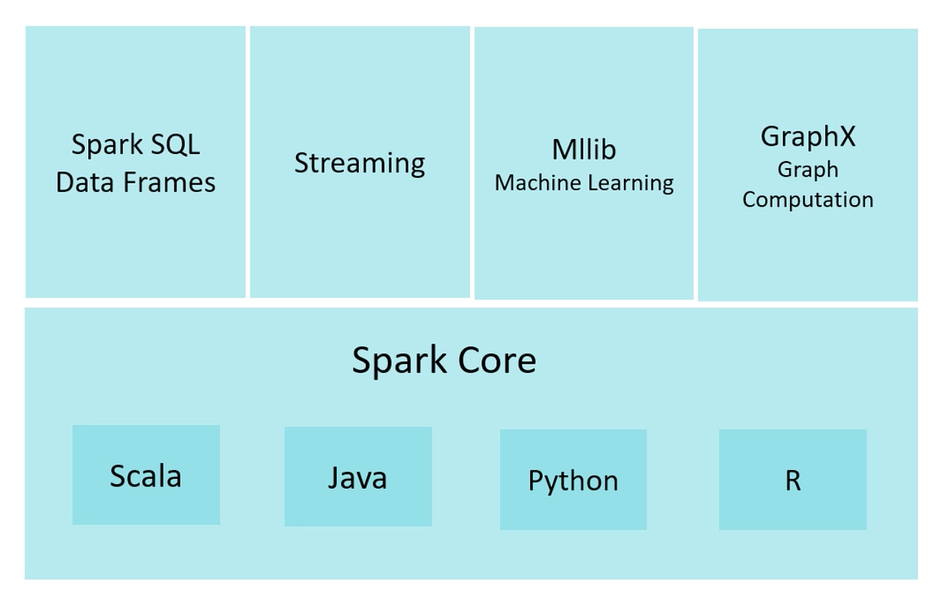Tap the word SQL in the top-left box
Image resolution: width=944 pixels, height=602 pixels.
175,145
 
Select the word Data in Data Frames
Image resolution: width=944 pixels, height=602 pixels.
83,182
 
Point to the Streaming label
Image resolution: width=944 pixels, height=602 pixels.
360,163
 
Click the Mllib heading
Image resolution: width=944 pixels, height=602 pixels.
584,149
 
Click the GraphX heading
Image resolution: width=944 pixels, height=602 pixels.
807,137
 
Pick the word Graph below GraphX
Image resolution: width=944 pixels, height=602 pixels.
807,170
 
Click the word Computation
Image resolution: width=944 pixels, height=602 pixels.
807,200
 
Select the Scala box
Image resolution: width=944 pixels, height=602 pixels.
146,475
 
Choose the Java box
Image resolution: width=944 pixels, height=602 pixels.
358,476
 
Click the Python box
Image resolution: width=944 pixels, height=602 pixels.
573,479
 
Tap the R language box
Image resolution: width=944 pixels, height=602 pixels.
793,479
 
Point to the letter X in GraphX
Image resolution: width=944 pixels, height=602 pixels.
845,136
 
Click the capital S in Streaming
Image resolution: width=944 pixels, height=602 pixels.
302,163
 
